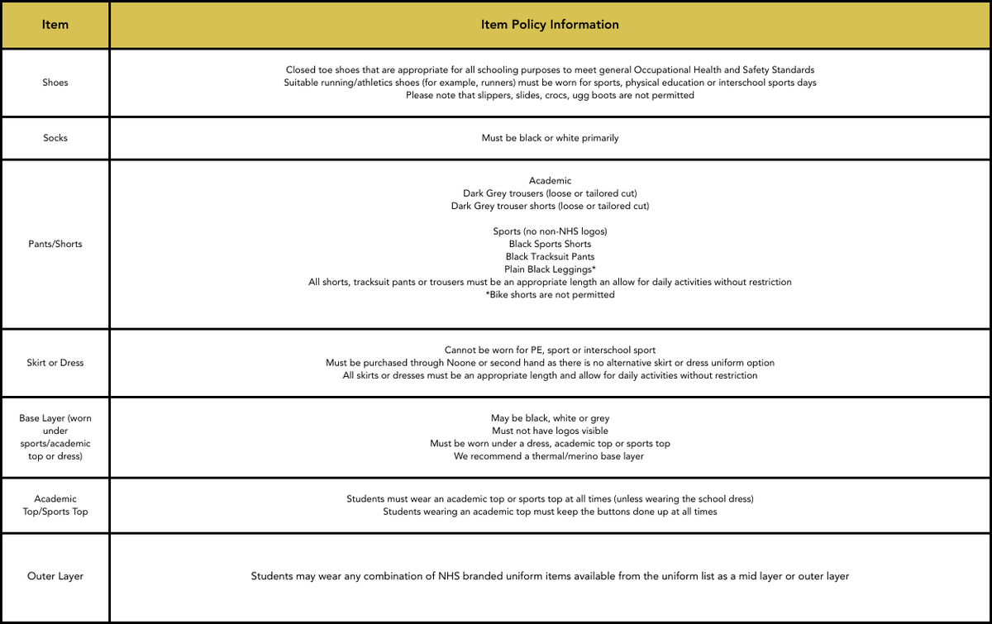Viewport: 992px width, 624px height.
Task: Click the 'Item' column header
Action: coord(55,25)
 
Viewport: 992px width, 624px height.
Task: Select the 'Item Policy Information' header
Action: coord(550,25)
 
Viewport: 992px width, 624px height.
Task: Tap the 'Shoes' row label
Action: coord(55,83)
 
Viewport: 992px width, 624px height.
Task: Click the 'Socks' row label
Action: coord(55,138)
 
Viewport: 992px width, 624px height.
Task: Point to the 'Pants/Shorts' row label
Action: coord(55,244)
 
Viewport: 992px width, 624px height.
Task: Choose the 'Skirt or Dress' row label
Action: coord(55,363)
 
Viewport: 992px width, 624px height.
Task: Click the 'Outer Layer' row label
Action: coord(55,576)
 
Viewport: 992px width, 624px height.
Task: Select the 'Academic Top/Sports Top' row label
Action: coord(55,505)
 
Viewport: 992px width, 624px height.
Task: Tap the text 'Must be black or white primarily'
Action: coord(550,138)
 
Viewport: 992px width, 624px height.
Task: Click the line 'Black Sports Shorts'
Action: coord(550,244)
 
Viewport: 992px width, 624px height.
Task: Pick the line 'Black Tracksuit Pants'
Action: coord(550,257)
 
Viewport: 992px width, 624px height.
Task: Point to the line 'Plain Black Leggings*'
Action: coord(550,269)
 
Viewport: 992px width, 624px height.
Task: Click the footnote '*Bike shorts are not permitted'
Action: coord(550,295)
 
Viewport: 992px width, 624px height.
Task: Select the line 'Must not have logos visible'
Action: coord(550,431)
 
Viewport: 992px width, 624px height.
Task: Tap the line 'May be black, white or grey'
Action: coord(550,418)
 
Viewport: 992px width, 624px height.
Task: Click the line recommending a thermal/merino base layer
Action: coord(550,456)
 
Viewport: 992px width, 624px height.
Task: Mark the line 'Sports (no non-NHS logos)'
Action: coord(550,231)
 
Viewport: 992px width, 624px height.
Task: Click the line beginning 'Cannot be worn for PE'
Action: coord(550,350)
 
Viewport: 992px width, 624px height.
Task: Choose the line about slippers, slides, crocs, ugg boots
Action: coord(550,95)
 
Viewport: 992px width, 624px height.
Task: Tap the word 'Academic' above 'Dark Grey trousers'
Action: coord(550,180)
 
